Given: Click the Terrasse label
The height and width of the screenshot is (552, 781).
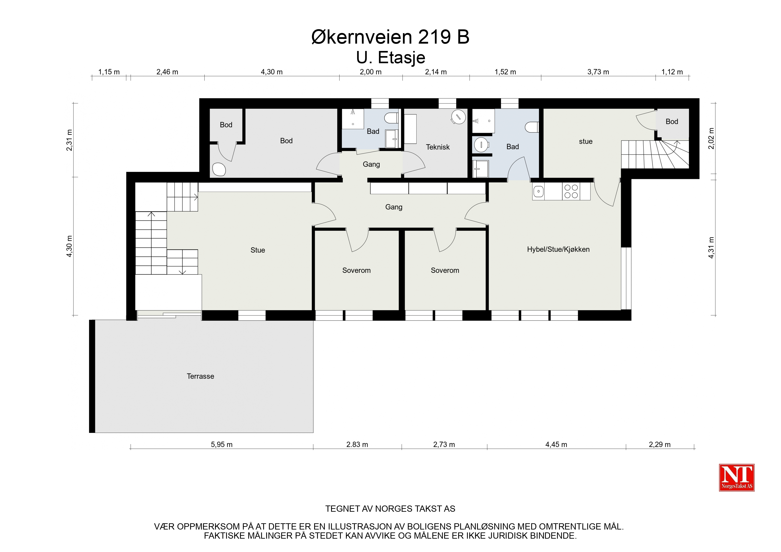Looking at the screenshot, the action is (x=200, y=376).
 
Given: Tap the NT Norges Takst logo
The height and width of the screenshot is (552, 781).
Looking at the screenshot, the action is (x=737, y=477).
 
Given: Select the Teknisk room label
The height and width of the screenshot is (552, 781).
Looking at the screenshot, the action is (x=438, y=147).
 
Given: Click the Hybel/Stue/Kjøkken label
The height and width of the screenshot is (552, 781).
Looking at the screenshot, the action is (x=558, y=249).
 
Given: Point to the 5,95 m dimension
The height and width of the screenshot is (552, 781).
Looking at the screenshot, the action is (x=222, y=444).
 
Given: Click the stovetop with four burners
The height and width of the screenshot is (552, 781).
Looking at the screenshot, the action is (x=571, y=191).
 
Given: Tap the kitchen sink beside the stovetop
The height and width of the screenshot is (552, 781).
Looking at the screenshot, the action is (x=539, y=191).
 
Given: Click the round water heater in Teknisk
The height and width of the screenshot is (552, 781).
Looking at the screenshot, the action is (x=458, y=117).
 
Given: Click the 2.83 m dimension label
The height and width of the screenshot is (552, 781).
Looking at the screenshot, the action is (x=357, y=444).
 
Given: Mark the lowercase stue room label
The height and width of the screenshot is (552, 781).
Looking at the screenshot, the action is (x=586, y=142).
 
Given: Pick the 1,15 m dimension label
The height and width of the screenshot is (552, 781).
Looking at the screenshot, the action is (x=109, y=72).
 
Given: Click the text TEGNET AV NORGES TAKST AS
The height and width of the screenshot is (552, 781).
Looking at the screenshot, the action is (x=390, y=509).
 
